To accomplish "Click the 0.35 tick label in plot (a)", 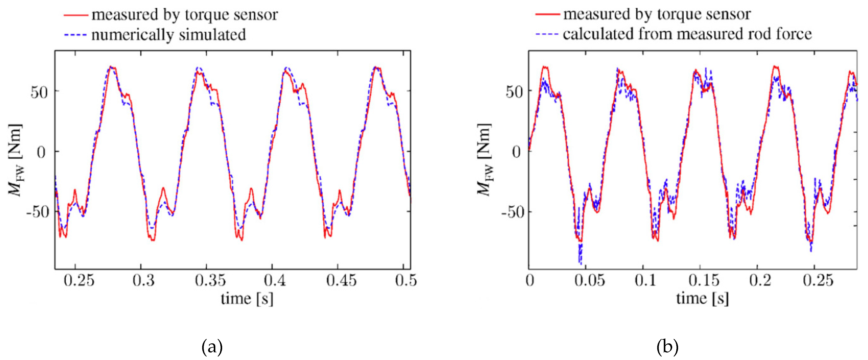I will pos(210,280).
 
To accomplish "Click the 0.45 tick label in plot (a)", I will pos(341,280).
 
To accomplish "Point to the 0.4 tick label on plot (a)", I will pos(275,280).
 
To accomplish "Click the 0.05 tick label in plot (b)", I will pos(589,280).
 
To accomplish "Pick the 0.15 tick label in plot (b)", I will pos(704,280).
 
